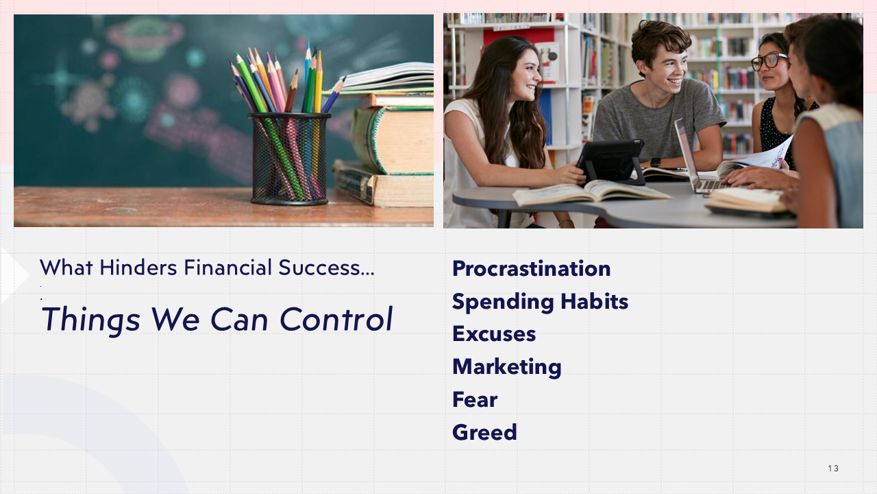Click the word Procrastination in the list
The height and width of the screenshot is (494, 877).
[531, 269]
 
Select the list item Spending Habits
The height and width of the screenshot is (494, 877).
[540, 302]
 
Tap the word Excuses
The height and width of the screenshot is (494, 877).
[494, 334]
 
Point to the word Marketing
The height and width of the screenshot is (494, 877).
[506, 367]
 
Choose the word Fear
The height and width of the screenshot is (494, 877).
[475, 399]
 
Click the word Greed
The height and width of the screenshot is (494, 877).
[484, 432]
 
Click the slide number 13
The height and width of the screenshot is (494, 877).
[833, 468]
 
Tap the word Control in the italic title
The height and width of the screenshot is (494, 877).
[336, 319]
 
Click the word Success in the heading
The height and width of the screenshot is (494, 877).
[319, 268]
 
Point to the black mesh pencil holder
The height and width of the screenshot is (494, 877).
[289, 158]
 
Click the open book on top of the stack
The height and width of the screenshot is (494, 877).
[386, 78]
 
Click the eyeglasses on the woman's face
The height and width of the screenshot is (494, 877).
[768, 62]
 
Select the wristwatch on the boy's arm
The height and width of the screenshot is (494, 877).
[656, 163]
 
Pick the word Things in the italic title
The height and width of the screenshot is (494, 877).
[91, 320]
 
